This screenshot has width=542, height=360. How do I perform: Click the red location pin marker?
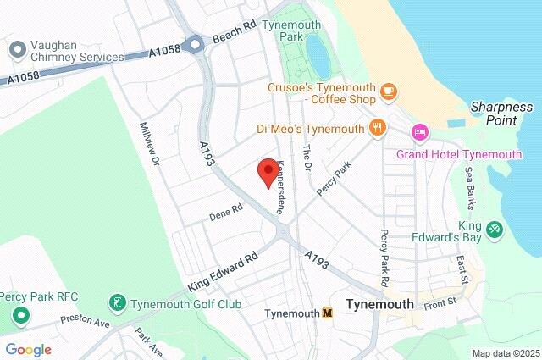tap(268, 170)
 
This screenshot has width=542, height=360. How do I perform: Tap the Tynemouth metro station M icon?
tap(327, 313)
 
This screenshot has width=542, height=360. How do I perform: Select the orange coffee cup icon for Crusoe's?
tap(388, 90)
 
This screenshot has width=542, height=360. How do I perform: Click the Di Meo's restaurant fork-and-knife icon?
tap(378, 129)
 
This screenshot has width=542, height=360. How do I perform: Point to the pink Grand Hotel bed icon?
tap(418, 133)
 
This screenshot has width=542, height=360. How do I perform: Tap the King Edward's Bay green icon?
tap(494, 227)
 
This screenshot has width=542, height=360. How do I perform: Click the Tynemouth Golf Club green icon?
tap(117, 303)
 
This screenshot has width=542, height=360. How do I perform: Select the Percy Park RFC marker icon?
tap(19, 317)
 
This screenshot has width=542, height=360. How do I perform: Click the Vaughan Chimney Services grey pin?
tap(16, 50)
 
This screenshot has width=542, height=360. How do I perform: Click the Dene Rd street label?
tap(226, 213)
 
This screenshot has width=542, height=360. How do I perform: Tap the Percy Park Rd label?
tap(384, 257)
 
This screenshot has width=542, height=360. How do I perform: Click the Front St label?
tap(440, 299)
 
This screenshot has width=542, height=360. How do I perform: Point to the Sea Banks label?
tap(471, 187)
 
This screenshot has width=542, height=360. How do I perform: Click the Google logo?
tap(28, 350)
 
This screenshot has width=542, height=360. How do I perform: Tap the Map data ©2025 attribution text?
tap(505, 353)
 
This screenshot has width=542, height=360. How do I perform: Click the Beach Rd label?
tap(234, 34)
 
